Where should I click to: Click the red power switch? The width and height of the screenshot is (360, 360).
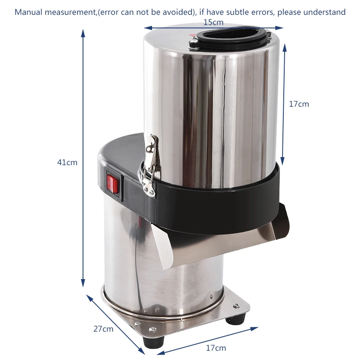(x=112, y=184)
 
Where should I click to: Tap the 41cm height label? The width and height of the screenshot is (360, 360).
(x=67, y=163)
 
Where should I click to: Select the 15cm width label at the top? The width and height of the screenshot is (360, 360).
(x=213, y=22)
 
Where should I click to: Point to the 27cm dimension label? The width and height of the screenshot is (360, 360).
(x=103, y=329)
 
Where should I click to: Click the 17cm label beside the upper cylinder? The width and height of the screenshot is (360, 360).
(x=299, y=104)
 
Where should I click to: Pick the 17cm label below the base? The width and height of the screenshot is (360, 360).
(x=216, y=348)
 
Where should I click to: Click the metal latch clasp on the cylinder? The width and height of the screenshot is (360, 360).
(x=150, y=165)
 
